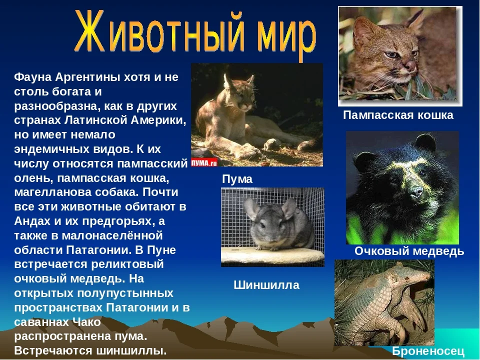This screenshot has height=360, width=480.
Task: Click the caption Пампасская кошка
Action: click(398, 115)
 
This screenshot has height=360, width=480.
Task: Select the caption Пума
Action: click(237, 179)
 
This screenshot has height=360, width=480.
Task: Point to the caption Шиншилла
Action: click(266, 285)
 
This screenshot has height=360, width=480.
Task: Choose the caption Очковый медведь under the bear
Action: click(409, 251)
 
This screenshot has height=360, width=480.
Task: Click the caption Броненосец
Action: click(428, 351)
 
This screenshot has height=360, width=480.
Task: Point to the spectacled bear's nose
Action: click(413, 191)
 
